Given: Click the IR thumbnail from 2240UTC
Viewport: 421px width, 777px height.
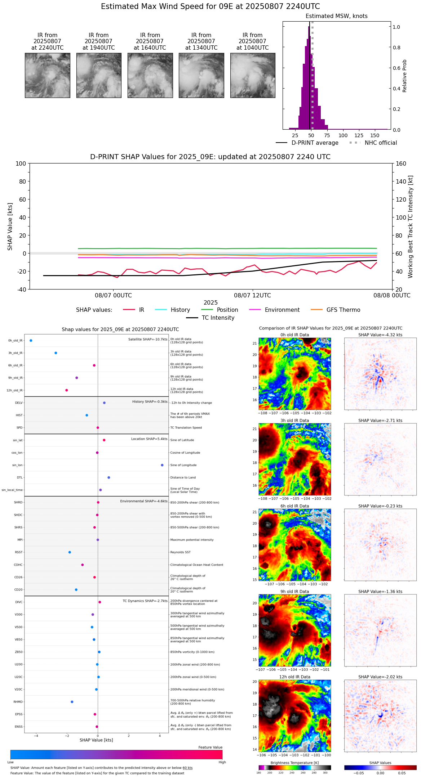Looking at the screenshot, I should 48,75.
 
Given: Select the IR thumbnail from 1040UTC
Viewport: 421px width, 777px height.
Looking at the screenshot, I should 253,75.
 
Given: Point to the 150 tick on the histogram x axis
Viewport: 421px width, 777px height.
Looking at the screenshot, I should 375,135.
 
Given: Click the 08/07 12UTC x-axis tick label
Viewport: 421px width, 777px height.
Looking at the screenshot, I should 252,296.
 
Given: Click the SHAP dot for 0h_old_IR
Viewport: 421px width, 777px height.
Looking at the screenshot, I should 31,341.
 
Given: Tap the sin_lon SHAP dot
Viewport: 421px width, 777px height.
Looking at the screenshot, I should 162,465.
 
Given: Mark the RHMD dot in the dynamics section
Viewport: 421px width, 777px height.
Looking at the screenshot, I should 72,702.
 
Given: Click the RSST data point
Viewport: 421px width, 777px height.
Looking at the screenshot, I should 70,552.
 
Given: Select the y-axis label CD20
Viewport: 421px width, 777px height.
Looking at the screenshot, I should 18,590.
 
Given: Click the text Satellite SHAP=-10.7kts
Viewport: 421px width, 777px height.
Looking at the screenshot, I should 148,340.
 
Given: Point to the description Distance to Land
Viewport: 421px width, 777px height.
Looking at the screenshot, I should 183,478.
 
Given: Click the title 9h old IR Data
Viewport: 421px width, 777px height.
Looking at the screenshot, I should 294,592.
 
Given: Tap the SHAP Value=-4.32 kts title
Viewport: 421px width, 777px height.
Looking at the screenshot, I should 380,335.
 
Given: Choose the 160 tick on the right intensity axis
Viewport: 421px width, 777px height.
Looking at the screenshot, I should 401,164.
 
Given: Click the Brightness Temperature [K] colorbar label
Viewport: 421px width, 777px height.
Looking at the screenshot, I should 294,763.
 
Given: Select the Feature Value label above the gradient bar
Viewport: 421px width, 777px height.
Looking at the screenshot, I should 210,747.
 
